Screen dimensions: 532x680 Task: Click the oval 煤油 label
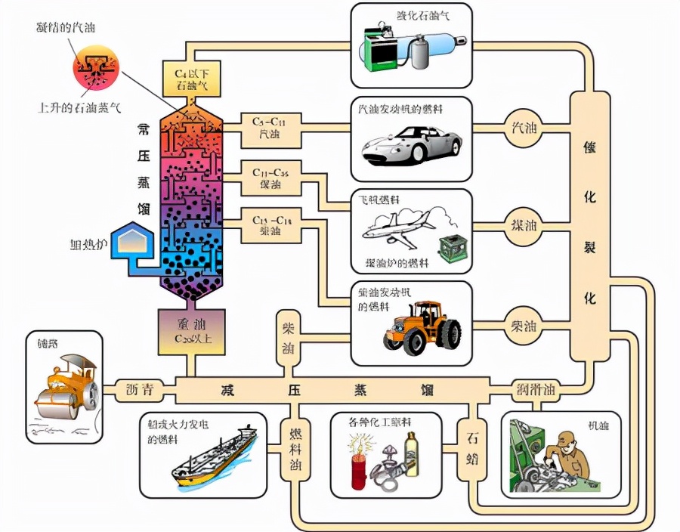pyautogui.click(x=524, y=224)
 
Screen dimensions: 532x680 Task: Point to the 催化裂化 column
pyautogui.click(x=590, y=226)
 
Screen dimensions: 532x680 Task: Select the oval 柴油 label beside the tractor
pyautogui.click(x=524, y=326)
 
